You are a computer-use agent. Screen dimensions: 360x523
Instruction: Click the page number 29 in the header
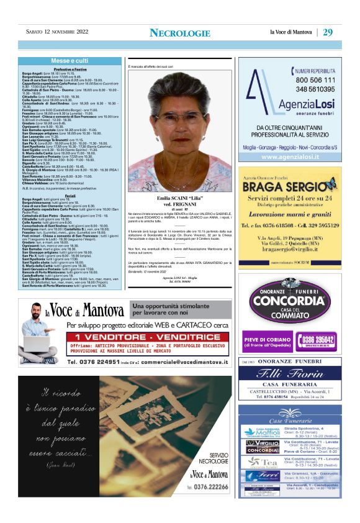328,32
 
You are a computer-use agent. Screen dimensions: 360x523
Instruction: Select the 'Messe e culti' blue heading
70,61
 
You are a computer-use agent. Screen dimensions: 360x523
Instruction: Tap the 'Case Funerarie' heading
290,414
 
